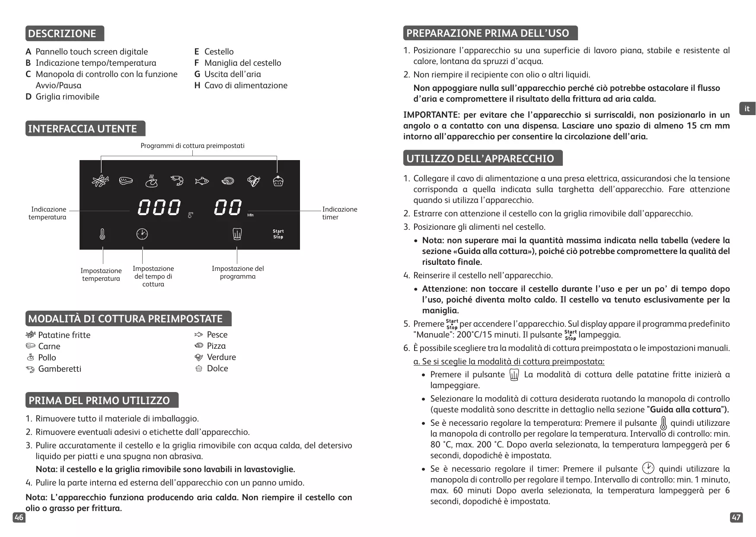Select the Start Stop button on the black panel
(278, 234)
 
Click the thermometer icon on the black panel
(102, 234)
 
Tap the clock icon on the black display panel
(142, 234)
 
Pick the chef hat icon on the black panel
(237, 234)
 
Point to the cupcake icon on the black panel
(278, 181)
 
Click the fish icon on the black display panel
(202, 181)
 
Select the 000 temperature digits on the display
(159, 208)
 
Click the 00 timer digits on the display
(228, 208)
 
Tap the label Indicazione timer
(339, 213)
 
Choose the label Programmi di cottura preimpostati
(192, 146)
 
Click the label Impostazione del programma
(237, 272)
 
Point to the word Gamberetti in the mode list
(60, 369)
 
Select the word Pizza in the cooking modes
(216, 346)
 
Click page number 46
(19, 518)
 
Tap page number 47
(736, 518)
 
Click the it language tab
(747, 109)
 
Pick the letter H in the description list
(197, 85)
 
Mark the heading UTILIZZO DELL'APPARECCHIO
(482, 158)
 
